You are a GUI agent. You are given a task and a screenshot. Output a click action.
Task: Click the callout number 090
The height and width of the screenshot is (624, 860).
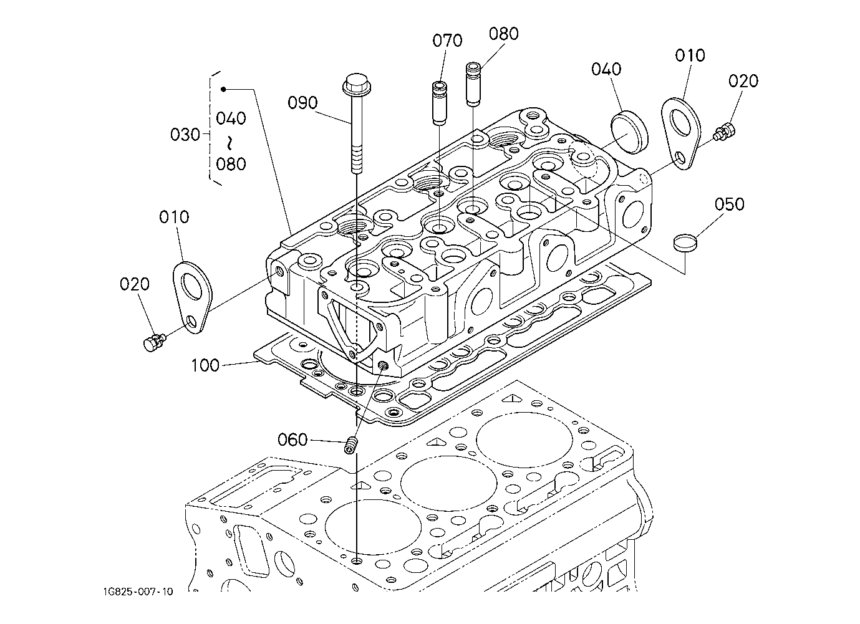303,102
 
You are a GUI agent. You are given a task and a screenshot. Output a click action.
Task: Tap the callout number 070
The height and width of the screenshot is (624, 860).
447,41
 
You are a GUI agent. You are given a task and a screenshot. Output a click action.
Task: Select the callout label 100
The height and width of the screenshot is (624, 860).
205,365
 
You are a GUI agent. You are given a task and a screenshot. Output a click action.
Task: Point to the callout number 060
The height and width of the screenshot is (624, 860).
292,439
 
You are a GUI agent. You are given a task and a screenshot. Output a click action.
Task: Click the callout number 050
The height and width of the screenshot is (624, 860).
730,204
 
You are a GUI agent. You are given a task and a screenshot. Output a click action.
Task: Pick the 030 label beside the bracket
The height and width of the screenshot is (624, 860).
185,135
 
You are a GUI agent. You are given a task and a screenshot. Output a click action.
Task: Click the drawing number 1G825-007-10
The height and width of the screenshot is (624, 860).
138,592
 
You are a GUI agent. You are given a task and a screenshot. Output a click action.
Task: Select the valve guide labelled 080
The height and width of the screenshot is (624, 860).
473,84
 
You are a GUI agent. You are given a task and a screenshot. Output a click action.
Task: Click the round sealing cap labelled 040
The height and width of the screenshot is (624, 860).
629,132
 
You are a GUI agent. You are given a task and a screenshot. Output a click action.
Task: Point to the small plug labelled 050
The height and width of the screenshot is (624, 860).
685,243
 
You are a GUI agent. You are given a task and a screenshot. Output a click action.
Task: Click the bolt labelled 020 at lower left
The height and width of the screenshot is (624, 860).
154,342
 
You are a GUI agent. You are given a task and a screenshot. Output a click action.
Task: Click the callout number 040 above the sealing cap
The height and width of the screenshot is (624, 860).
606,69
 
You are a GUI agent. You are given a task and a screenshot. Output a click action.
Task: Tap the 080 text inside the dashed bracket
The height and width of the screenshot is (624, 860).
231,164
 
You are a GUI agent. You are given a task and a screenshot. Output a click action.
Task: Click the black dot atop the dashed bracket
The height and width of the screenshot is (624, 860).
223,89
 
